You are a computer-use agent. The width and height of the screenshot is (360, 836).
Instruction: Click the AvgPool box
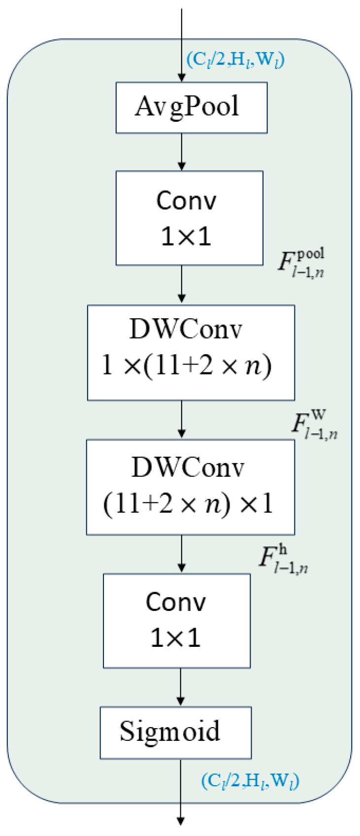point(191,107)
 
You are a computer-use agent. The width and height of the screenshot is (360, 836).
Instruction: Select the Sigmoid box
point(175,732)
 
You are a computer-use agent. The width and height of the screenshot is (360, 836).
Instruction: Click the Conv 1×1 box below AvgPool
point(189,218)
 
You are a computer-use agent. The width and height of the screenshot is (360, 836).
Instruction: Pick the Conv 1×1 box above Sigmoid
point(176,620)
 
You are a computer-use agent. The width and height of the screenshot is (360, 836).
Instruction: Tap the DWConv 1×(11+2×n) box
point(191,352)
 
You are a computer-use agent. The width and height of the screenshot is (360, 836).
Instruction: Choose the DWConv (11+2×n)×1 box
point(190,487)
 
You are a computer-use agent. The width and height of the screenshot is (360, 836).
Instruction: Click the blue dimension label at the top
point(235,60)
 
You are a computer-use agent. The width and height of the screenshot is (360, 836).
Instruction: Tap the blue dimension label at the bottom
point(250,780)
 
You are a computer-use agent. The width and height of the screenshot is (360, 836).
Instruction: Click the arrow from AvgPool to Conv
point(182,152)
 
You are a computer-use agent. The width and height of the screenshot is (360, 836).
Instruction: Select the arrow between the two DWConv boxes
point(182,419)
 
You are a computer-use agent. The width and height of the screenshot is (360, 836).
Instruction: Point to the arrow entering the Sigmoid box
point(181,687)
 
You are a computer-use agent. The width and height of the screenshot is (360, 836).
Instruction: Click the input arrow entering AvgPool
point(182,44)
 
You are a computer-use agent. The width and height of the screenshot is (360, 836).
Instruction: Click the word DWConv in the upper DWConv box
point(186,330)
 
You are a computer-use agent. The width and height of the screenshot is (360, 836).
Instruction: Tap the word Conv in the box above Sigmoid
point(176,602)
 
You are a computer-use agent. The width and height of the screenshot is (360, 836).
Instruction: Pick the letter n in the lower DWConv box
point(212,505)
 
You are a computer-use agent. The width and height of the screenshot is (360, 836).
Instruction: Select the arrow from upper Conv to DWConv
point(182,284)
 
